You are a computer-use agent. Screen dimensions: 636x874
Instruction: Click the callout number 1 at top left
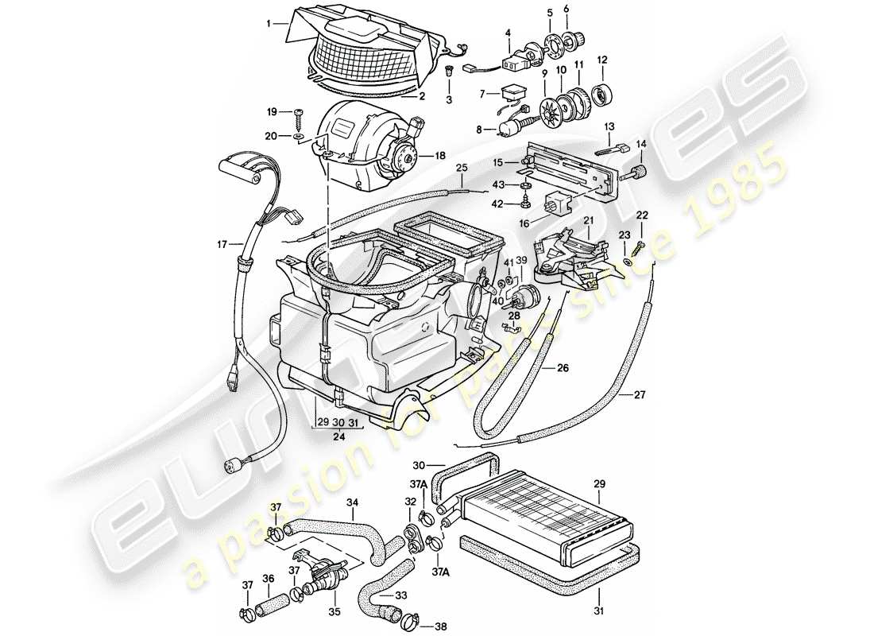tap(269, 24)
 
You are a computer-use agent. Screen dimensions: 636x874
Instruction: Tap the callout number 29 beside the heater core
tap(600, 483)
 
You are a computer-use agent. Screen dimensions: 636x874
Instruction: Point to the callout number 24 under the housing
tap(338, 436)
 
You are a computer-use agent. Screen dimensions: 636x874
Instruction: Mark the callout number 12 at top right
tap(601, 60)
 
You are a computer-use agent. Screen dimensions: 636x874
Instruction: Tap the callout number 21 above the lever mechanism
tap(589, 220)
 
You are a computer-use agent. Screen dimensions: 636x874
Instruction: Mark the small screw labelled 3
tap(449, 73)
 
